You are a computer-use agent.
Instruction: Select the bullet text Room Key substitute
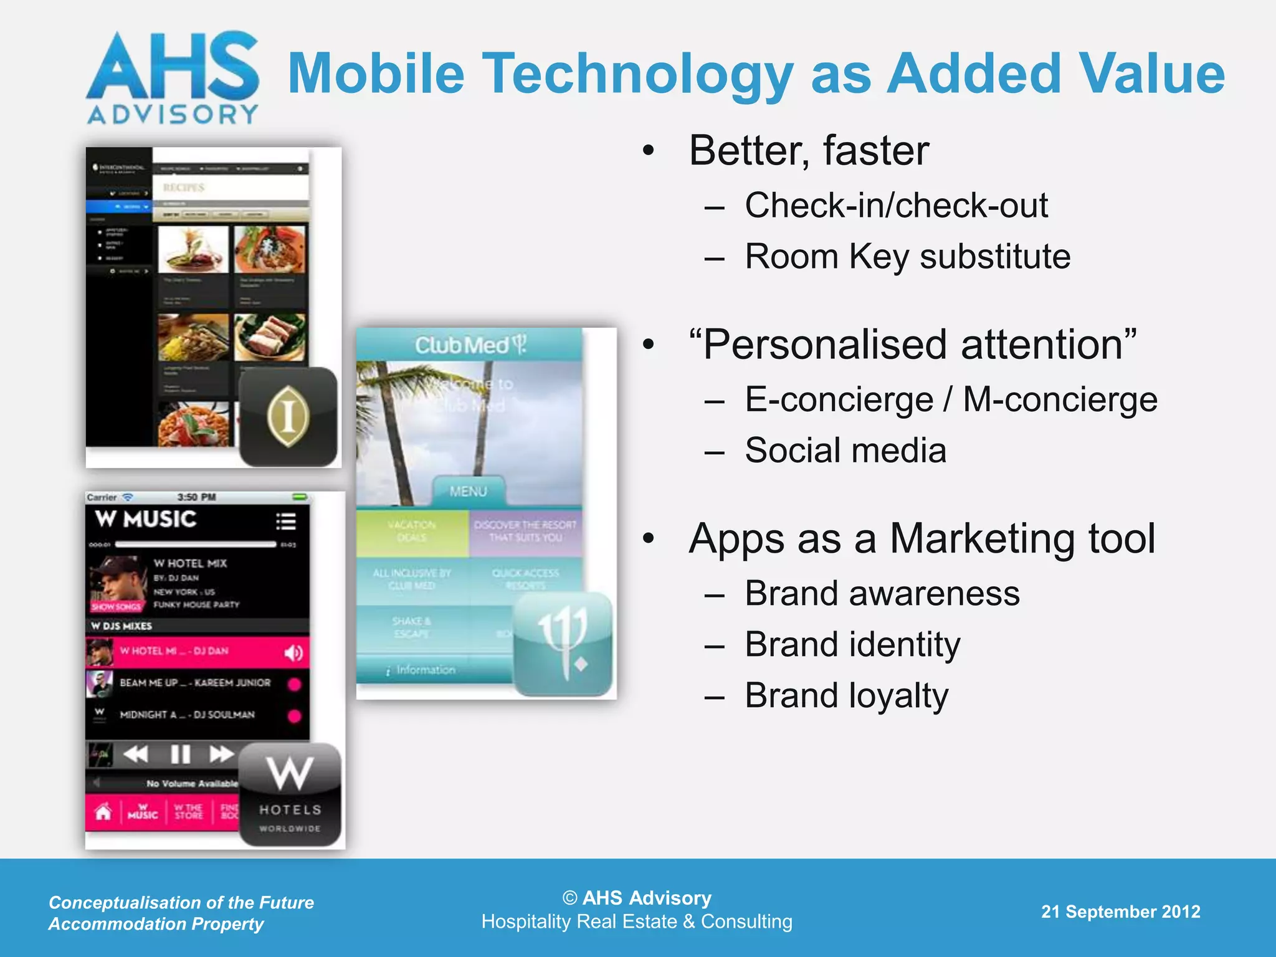tap(907, 256)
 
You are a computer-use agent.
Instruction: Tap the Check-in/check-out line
tap(896, 205)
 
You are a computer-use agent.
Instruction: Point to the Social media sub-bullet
tap(845, 450)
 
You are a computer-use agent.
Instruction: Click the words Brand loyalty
tap(846, 695)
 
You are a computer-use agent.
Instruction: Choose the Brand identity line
tap(852, 644)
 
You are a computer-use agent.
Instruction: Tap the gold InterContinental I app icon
tap(288, 416)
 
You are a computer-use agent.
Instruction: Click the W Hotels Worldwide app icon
tap(290, 794)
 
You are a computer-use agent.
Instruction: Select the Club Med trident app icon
tap(563, 643)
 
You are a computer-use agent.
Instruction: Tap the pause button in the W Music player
tap(180, 755)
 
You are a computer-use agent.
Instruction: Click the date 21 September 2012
tap(1120, 912)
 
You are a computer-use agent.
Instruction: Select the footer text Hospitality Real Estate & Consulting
tap(637, 921)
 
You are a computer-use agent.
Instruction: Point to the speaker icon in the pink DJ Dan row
tap(293, 652)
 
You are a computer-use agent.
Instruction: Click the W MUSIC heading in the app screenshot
tap(146, 519)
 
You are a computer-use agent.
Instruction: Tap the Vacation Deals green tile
tap(412, 531)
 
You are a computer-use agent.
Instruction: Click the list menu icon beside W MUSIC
tap(286, 521)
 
